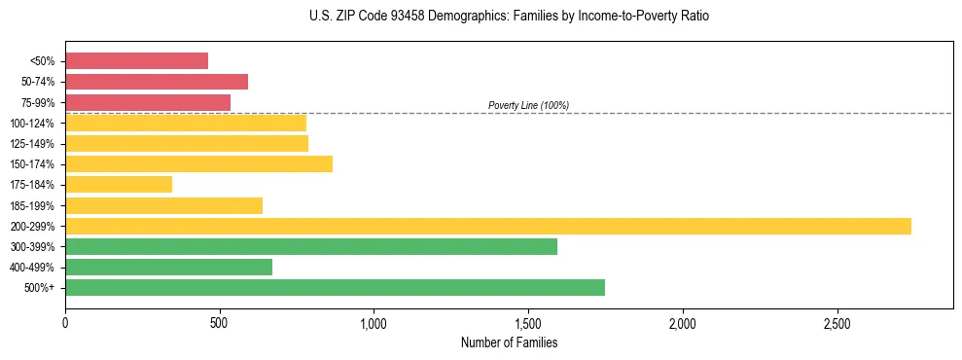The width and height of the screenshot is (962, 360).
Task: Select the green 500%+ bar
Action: click(335, 287)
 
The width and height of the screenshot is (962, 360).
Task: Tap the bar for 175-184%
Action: click(119, 185)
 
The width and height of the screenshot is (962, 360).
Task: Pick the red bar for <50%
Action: click(136, 61)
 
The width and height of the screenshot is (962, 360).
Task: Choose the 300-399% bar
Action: click(311, 246)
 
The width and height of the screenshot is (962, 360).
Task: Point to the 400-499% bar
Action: click(168, 267)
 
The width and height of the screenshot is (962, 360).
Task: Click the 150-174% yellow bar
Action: click(198, 163)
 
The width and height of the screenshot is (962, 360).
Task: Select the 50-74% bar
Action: click(157, 82)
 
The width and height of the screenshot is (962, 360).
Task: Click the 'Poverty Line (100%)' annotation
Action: click(528, 105)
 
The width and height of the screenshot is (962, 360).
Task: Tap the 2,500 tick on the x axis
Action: click(837, 322)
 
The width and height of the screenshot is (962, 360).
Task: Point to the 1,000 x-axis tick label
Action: click(374, 322)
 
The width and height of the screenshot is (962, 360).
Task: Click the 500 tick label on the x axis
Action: click(220, 322)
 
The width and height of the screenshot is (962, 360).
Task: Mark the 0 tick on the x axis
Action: click(65, 322)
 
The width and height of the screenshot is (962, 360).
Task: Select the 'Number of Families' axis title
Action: click(509, 342)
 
